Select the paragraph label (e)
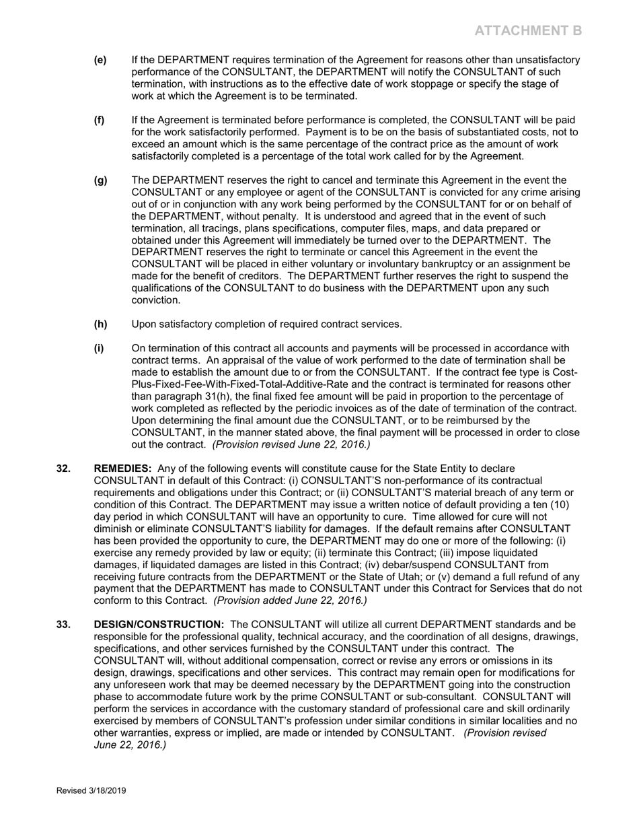(100, 60)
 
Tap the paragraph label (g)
(100, 180)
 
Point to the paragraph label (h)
(100, 324)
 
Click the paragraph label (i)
(99, 349)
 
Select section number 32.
(63, 469)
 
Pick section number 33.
(63, 625)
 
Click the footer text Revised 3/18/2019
(91, 791)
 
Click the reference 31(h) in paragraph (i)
(219, 396)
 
